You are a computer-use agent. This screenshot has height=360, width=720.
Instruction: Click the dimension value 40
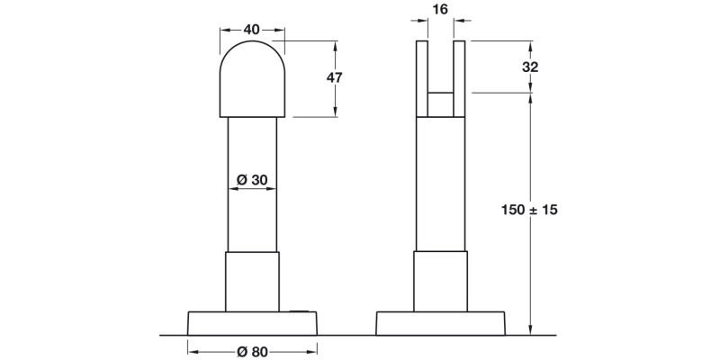coord(252,30)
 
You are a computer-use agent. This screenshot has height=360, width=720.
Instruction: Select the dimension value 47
coord(334,77)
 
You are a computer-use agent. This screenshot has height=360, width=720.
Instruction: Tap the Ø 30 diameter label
coord(252,180)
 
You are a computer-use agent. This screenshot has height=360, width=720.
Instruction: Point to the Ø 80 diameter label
coord(252,352)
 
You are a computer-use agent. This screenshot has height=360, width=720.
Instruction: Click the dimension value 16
coord(440,9)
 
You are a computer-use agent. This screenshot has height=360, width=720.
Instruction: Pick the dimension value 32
coord(530,67)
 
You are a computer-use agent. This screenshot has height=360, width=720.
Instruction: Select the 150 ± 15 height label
coord(529,210)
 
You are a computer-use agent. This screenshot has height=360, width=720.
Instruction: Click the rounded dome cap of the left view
coord(252,78)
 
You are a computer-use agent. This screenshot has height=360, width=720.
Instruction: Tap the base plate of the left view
coord(252,323)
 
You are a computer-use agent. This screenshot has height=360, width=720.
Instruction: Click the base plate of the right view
coord(440,323)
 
